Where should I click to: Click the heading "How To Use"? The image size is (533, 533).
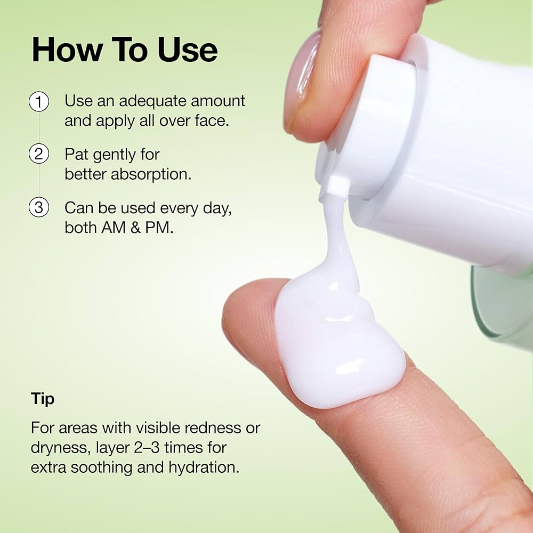tap(124, 50)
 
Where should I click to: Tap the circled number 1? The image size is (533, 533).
tap(39, 101)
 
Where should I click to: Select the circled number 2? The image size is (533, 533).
tap(39, 155)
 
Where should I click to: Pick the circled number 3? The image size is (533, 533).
tap(39, 207)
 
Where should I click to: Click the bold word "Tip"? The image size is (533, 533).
tap(43, 399)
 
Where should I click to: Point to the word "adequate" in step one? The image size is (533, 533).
tap(143, 101)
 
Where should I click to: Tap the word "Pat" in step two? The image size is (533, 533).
tap(77, 155)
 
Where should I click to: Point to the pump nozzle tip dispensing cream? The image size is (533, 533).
tap(337, 187)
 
